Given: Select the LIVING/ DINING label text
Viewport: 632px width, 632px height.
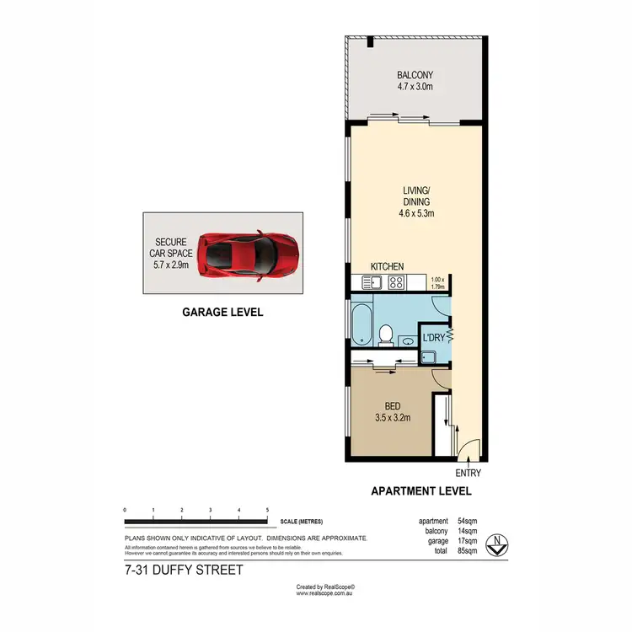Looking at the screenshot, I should (416, 202).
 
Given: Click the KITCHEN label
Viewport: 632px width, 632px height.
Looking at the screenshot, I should (387, 266).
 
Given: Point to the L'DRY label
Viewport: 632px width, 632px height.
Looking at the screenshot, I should (433, 338).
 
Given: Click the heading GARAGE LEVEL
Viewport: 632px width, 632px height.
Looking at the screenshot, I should (223, 312).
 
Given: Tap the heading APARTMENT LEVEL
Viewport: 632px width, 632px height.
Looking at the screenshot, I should (422, 491).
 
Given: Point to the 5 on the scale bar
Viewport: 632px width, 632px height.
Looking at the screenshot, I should (267, 511).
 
